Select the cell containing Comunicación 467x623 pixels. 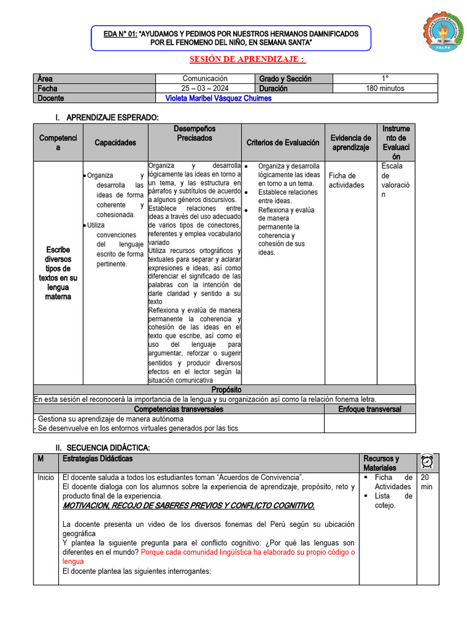(205, 78)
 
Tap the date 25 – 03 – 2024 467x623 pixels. (205, 88)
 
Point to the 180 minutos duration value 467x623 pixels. (384, 88)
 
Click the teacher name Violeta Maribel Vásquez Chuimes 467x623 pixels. (218, 98)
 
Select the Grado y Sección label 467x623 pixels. (285, 78)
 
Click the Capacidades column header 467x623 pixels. (115, 142)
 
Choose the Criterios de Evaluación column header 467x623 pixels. (283, 142)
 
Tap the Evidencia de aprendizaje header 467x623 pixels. (350, 142)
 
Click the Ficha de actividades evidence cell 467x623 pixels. (347, 180)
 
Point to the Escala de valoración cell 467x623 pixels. (396, 180)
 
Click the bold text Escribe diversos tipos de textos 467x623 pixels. (58, 273)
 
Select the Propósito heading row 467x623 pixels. (226, 389)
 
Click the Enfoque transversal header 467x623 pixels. (369, 409)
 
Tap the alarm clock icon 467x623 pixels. (426, 461)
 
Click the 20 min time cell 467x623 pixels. (427, 482)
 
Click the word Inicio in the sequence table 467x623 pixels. (46, 478)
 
